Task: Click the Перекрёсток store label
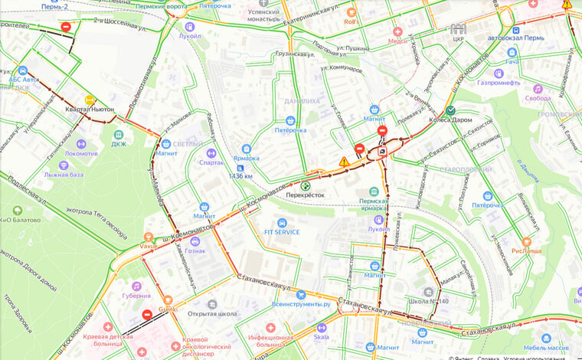[306, 195]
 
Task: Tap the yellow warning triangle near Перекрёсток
[345, 162]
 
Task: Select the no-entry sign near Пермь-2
[67, 27]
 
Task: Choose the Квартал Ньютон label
[89, 109]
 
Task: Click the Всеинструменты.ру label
[301, 304]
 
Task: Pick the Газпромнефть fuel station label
[499, 83]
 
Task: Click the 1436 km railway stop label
[240, 175]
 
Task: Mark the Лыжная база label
[64, 174]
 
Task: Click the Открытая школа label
[211, 313]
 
